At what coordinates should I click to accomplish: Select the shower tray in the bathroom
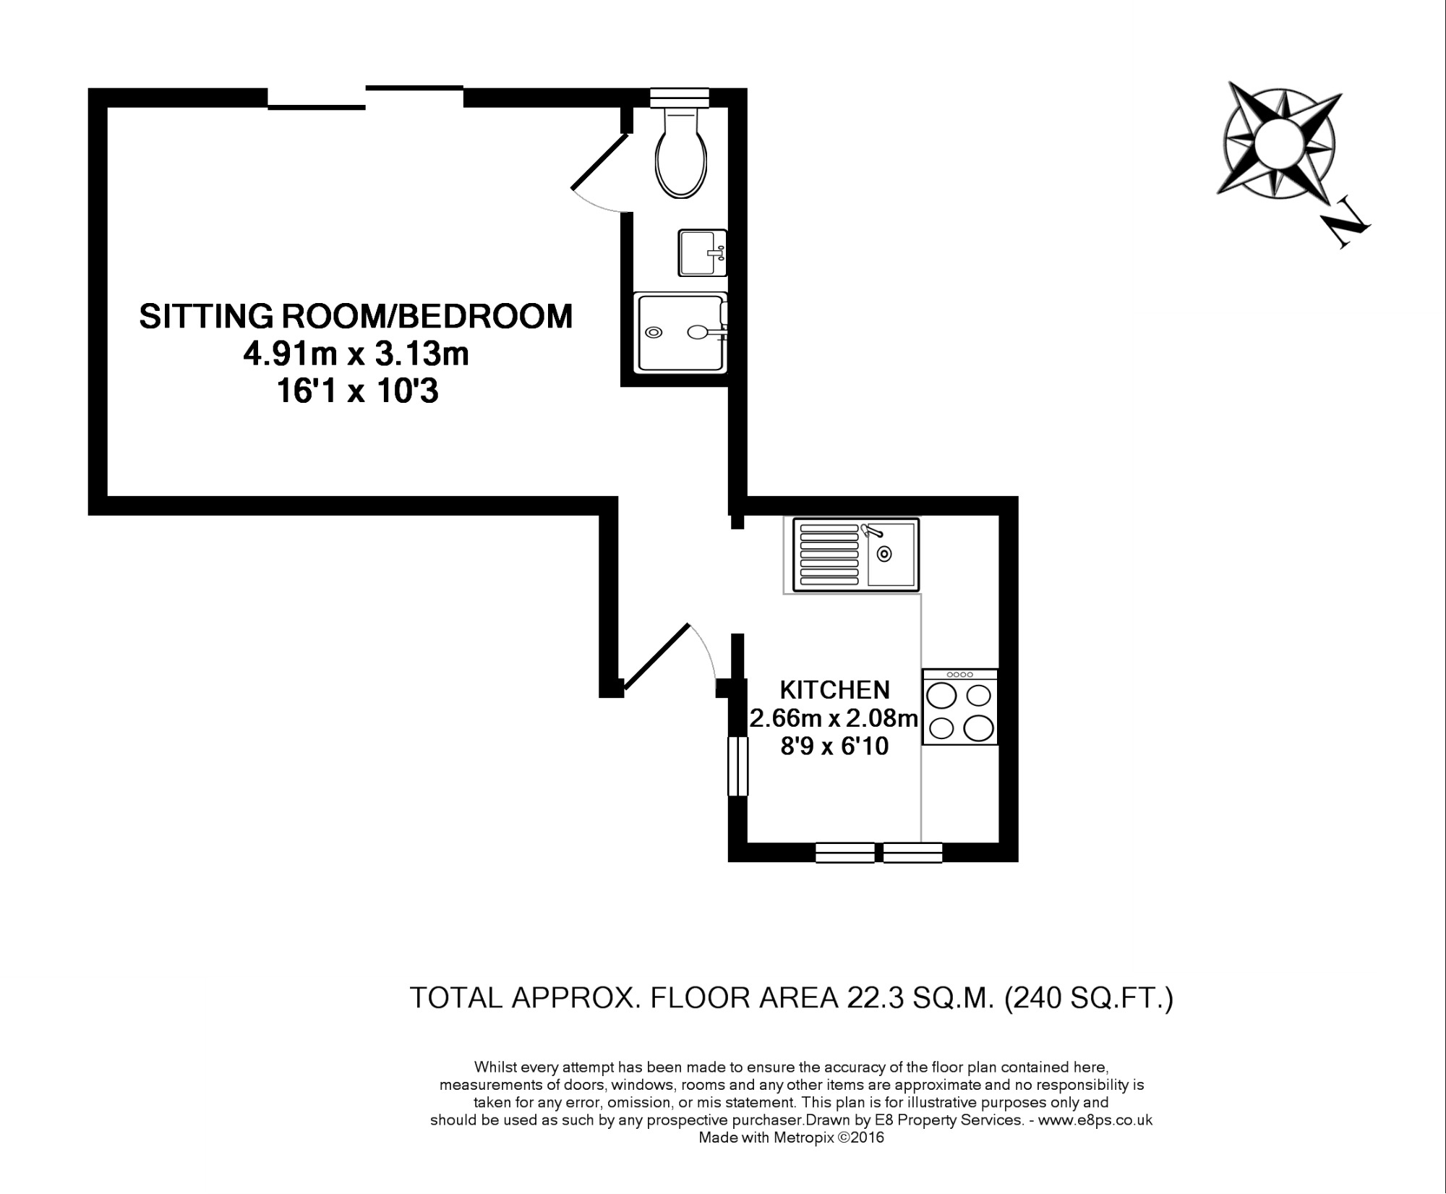pos(680,333)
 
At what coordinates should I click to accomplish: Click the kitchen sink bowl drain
pos(884,554)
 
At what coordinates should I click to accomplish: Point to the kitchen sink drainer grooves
pos(829,555)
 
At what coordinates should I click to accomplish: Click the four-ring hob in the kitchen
pos(960,707)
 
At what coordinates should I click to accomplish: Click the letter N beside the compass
pos(1346,231)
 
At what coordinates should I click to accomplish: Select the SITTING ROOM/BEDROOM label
pos(356,317)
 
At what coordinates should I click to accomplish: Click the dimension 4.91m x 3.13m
pos(356,355)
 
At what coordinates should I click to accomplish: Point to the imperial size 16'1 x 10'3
pos(357,392)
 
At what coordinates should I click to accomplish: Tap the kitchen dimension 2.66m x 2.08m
pos(834,718)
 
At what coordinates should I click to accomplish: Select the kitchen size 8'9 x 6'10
pos(834,746)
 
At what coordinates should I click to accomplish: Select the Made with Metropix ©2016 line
pos(791,1138)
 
